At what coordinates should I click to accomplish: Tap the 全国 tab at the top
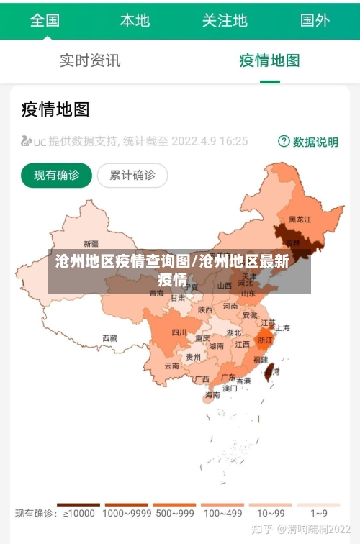pos(45,20)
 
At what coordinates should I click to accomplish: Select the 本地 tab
pos(135,20)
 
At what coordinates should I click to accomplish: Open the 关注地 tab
pos(225,20)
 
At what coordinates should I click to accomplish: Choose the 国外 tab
pos(315,20)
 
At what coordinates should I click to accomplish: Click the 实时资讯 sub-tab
pos(90,60)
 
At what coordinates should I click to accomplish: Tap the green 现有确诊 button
pos(56,175)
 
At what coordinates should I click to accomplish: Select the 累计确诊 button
pos(132,175)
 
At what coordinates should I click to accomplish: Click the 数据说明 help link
pos(308,142)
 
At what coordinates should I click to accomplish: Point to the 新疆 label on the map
pos(91,243)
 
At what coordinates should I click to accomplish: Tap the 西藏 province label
pos(109,337)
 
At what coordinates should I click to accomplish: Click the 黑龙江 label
pos(300,219)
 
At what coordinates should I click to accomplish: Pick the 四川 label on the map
pos(179,332)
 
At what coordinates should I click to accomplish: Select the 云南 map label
pos(172,366)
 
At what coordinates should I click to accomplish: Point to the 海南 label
pos(212,395)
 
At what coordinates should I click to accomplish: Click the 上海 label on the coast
pos(283,327)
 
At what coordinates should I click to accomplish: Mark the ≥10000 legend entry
pos(78,512)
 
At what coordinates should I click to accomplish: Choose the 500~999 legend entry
pos(174,512)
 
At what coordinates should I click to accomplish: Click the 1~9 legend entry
pos(319,512)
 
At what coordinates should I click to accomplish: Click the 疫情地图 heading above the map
pos(55,109)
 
